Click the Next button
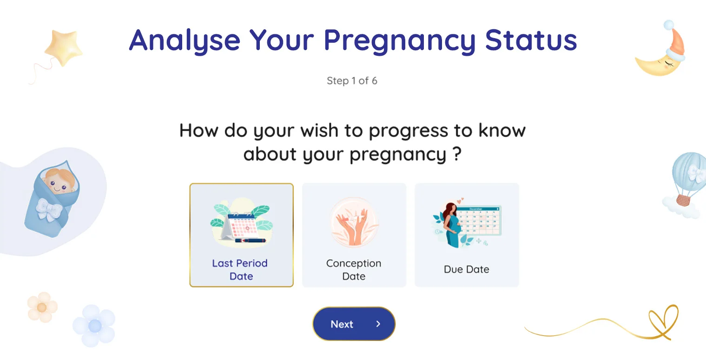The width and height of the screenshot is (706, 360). (x=354, y=324)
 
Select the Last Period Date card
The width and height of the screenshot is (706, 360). (x=241, y=235)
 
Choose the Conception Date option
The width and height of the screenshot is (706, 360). (x=354, y=235)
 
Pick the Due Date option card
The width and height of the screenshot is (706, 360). (x=467, y=235)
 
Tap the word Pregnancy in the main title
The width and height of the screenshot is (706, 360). (x=400, y=41)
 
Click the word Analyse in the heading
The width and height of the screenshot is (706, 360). (x=185, y=41)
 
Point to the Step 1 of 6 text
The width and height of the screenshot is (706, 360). (x=352, y=81)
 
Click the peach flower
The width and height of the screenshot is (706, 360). (x=42, y=307)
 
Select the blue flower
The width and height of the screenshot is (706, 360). (x=94, y=326)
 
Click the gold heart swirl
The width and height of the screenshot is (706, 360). (x=662, y=322)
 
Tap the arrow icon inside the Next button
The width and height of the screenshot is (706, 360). (x=378, y=324)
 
